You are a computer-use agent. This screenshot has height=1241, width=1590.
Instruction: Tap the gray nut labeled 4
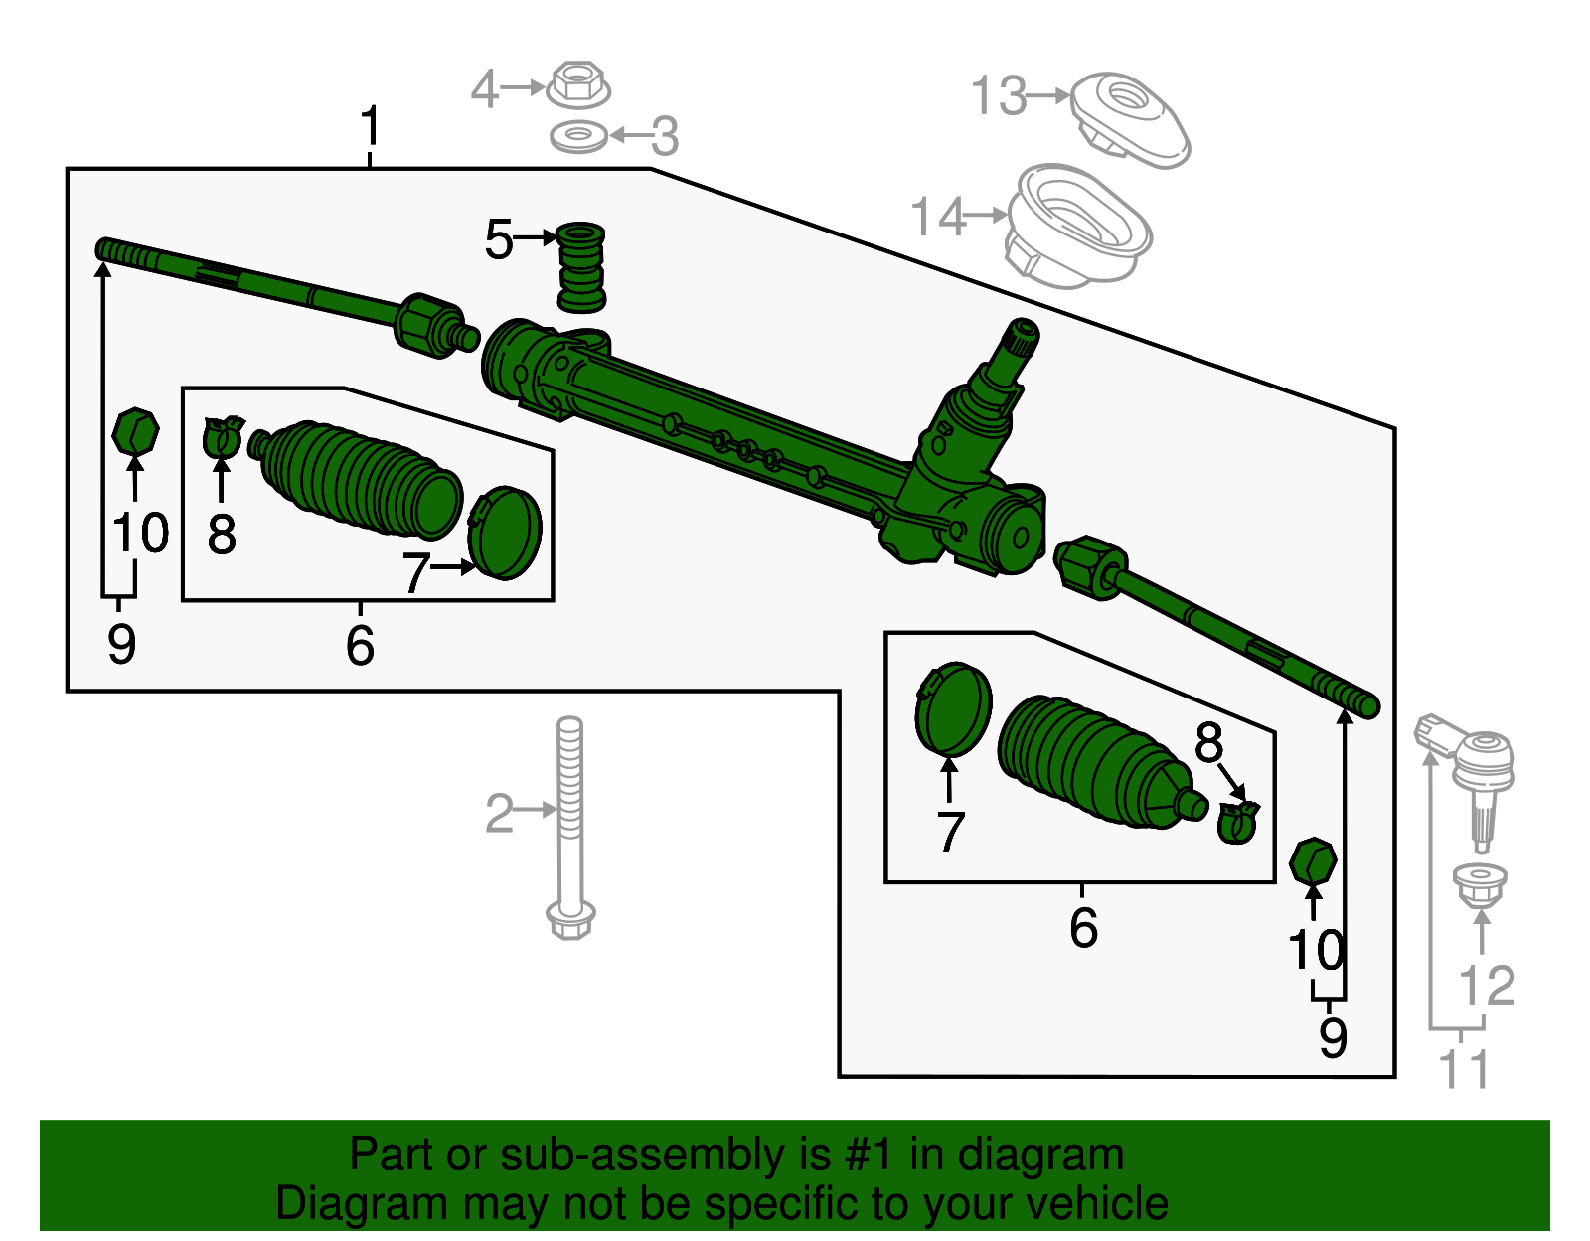click(577, 85)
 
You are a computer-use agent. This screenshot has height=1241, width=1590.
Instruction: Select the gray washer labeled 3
click(579, 135)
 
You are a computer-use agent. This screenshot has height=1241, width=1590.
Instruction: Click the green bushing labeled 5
click(580, 266)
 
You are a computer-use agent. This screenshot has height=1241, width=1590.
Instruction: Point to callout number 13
click(998, 96)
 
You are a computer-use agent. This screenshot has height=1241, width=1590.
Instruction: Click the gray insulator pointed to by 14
click(1077, 227)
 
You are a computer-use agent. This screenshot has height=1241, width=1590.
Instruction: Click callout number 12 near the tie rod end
click(1487, 986)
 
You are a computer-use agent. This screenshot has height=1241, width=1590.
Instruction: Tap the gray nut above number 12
click(1480, 883)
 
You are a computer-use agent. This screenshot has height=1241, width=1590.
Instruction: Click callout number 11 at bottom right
click(1464, 1069)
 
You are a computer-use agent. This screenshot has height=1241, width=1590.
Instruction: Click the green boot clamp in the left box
click(222, 437)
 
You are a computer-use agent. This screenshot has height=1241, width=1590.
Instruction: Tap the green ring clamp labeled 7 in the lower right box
click(953, 709)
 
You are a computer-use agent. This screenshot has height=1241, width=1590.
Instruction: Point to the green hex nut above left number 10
click(135, 430)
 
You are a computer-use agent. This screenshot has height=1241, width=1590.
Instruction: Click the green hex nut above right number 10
click(1312, 861)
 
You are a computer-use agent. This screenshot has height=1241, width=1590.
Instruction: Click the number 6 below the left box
click(360, 645)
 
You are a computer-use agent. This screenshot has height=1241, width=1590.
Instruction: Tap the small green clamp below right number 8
click(1237, 822)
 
